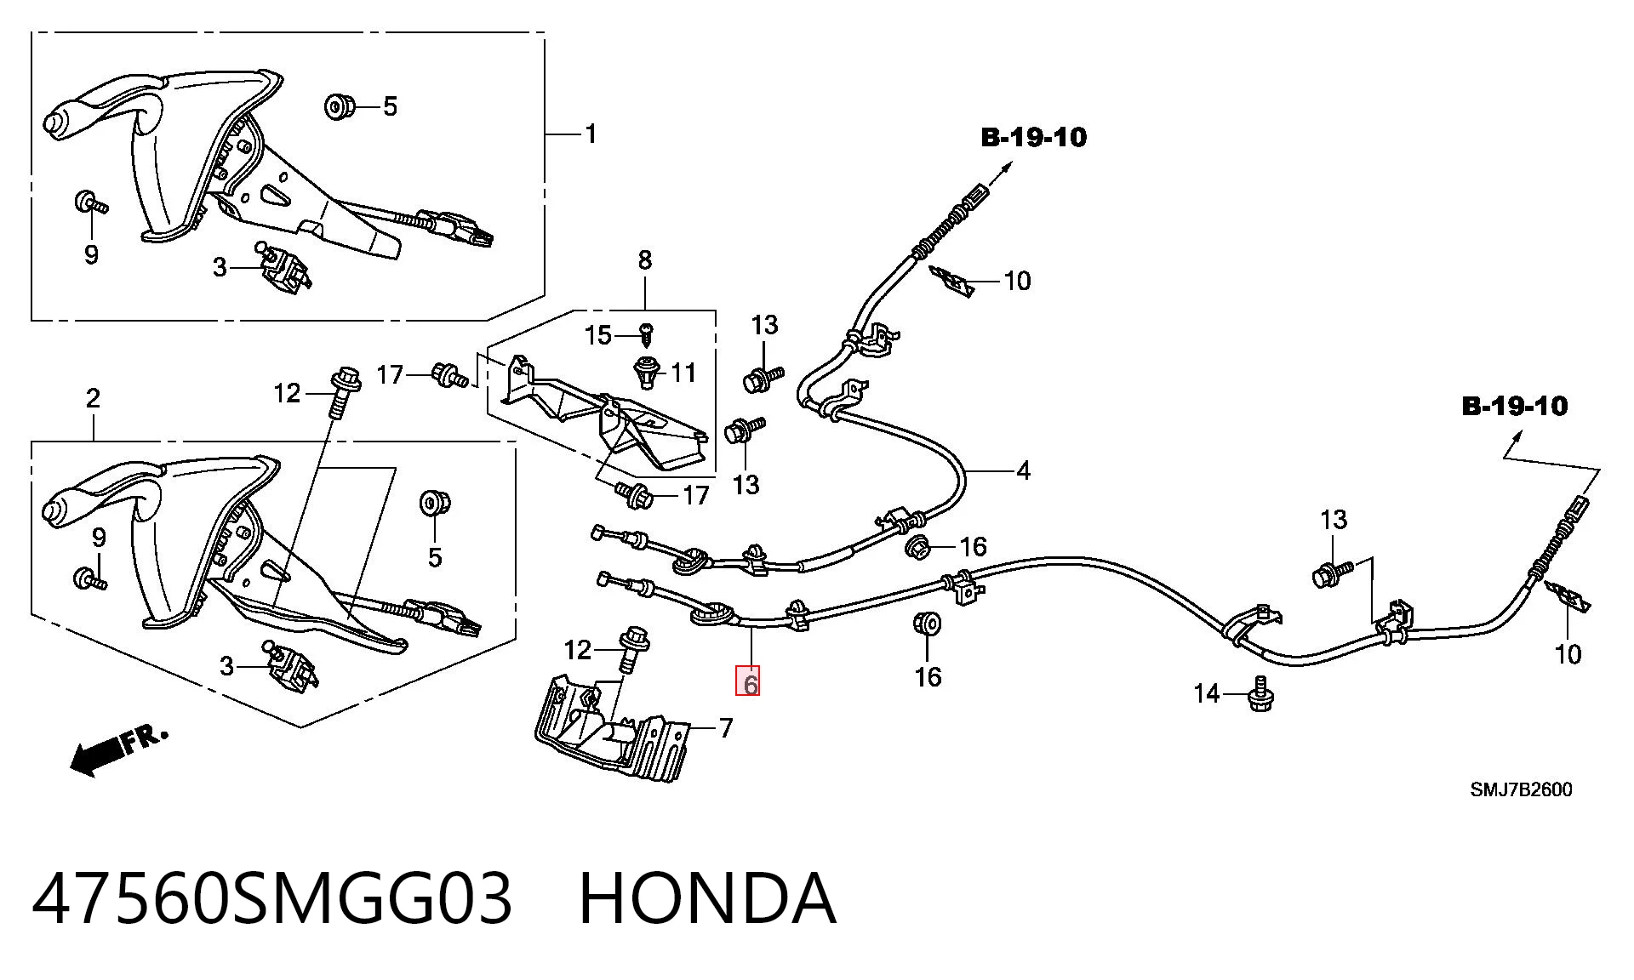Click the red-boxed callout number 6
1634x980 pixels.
click(749, 683)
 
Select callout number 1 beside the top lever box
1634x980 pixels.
click(591, 134)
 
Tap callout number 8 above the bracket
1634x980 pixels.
click(644, 260)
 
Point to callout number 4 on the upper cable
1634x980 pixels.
click(1023, 470)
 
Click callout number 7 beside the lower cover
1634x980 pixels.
click(725, 728)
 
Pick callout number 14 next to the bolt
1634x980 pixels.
click(1207, 694)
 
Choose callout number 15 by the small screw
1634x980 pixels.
click(598, 335)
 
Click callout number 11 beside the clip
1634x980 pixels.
click(683, 373)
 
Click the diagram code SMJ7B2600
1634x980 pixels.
click(1521, 789)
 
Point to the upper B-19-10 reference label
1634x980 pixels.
click(1034, 137)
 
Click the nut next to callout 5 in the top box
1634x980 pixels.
click(340, 107)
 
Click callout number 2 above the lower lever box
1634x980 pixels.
click(93, 398)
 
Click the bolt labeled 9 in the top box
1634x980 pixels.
click(90, 203)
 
